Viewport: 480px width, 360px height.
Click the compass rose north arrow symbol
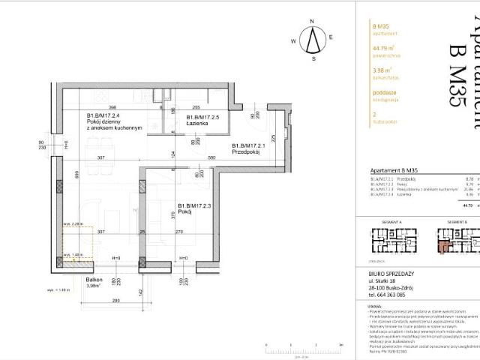click(x=316, y=37)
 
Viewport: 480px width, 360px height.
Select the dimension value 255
click(x=194, y=107)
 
